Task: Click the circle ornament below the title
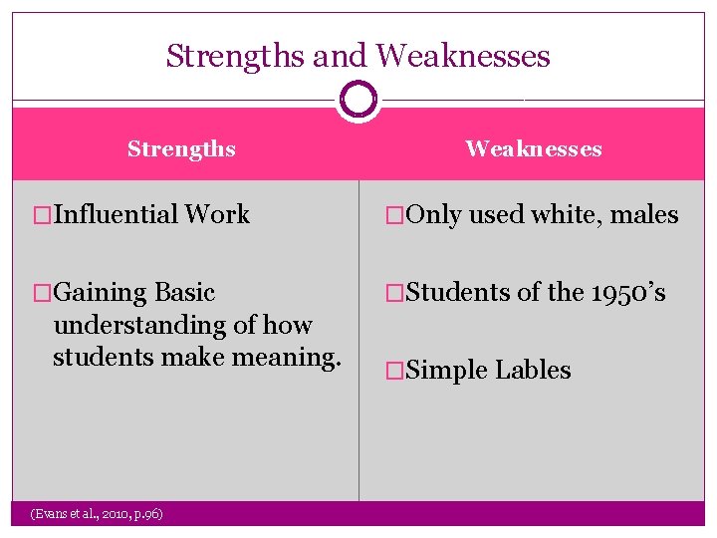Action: (x=358, y=99)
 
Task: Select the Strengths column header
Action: (x=181, y=149)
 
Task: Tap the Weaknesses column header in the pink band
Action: (x=534, y=149)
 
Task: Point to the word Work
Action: (x=217, y=214)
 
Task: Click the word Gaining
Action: (x=100, y=293)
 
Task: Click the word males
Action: (x=644, y=215)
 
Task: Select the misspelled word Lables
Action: (x=534, y=371)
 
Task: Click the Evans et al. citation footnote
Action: (x=98, y=513)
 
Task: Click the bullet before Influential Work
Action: (x=43, y=214)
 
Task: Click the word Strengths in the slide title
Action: (x=236, y=56)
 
